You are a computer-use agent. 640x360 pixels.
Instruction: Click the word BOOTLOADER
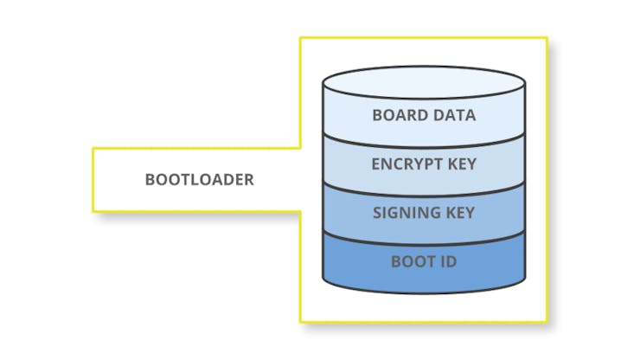click(199, 180)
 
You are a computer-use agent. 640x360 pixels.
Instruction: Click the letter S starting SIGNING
click(377, 213)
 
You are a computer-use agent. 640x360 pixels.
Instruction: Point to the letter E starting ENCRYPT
click(375, 164)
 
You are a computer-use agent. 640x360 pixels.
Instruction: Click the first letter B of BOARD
click(377, 114)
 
